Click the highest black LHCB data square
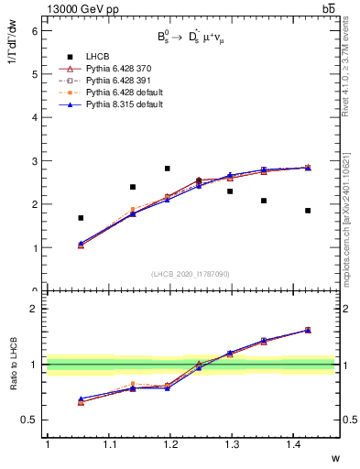click(167, 169)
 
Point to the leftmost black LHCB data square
click(81, 218)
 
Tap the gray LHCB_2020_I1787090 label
click(191, 274)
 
